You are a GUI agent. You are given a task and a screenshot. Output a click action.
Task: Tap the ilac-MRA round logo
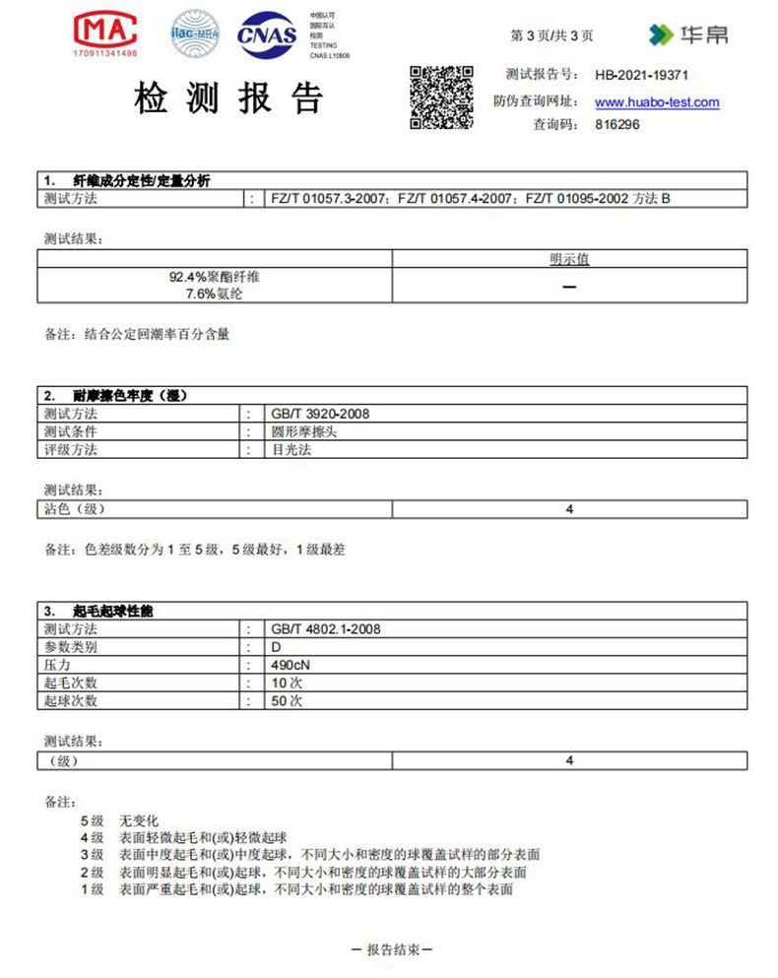pos(194,34)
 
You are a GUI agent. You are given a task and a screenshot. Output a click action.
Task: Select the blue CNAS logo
pos(267,36)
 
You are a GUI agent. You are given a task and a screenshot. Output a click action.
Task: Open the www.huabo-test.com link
pos(657,102)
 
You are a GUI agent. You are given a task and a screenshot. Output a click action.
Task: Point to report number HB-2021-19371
pos(641,75)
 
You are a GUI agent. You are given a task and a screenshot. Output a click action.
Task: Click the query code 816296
pos(617,125)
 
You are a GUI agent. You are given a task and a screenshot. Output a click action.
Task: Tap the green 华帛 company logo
pos(688,35)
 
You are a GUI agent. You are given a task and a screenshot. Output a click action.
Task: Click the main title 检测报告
pos(227,98)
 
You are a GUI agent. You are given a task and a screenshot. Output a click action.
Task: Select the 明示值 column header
pos(569,259)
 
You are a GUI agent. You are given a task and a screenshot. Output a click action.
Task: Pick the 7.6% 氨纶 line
pos(215,293)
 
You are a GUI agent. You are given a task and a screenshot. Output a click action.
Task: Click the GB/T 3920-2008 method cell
pos(320,415)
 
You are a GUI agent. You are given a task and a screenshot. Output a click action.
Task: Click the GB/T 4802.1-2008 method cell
pos(325,628)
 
